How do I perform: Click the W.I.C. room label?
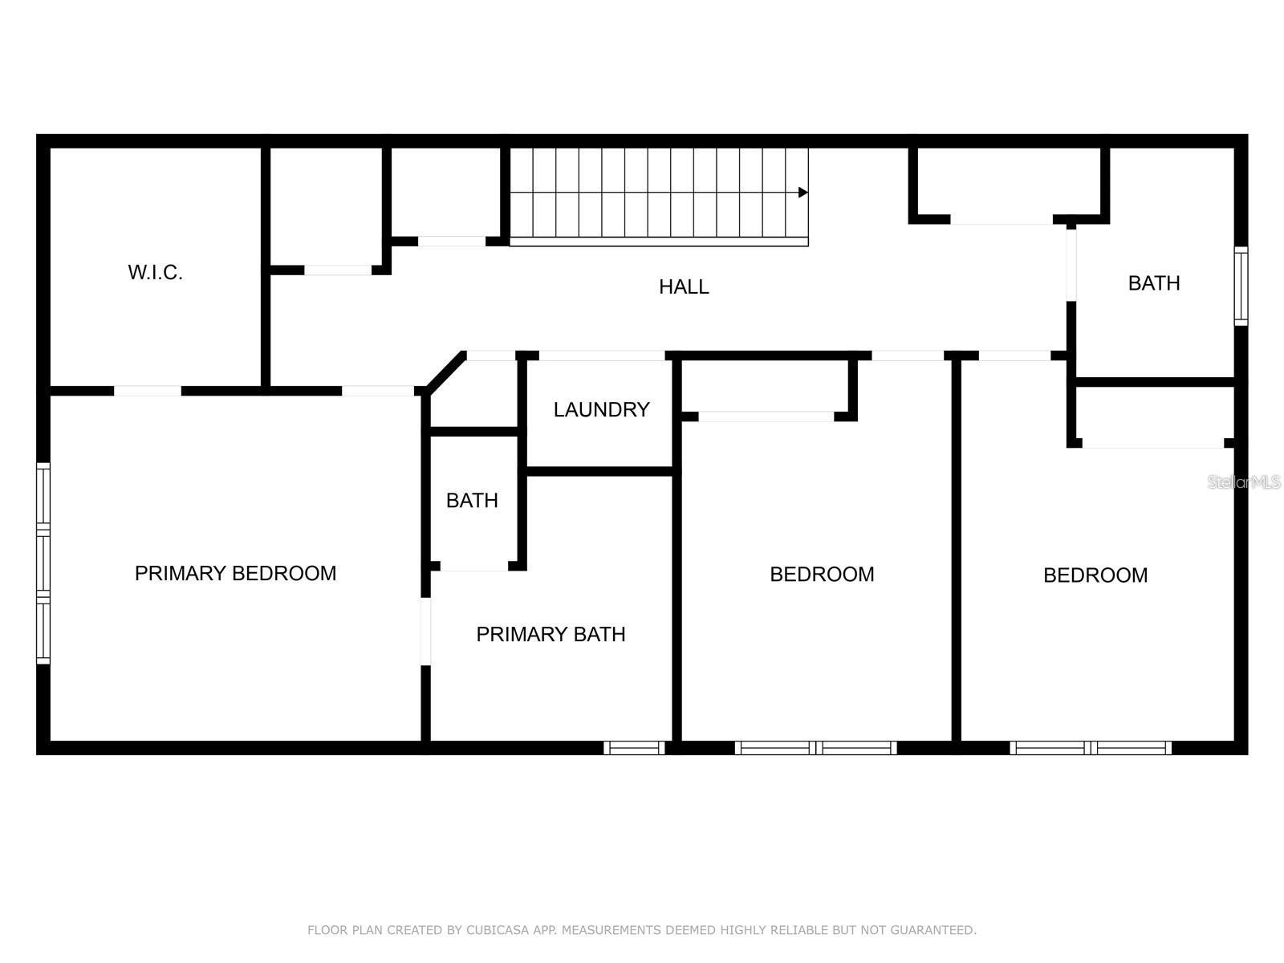(155, 272)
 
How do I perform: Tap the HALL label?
(684, 286)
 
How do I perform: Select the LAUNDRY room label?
(601, 409)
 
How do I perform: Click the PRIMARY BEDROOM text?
(235, 573)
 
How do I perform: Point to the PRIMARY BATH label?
(551, 634)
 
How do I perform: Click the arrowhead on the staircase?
(802, 193)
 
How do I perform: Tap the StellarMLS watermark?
(1244, 481)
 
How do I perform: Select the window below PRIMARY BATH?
(634, 748)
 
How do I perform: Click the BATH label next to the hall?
(1153, 282)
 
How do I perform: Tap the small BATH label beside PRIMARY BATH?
(472, 500)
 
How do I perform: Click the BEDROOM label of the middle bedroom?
(822, 574)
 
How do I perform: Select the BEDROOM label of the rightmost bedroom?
(1095, 575)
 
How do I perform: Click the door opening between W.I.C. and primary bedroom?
(148, 391)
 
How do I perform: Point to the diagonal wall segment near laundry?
(446, 372)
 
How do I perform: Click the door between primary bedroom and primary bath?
(425, 631)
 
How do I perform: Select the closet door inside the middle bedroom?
(766, 416)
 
